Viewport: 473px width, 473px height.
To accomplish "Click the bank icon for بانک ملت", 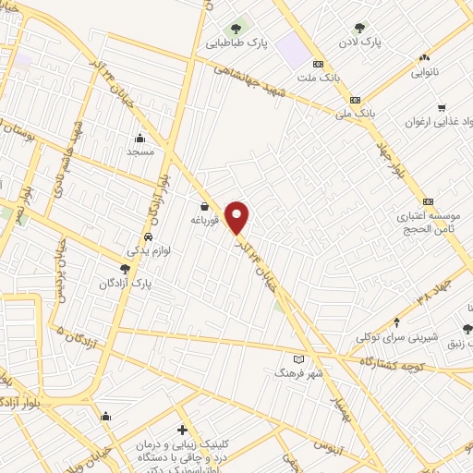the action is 319,65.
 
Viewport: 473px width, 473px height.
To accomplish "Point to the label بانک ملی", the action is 361,112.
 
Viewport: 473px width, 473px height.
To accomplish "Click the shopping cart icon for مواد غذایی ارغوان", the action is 443,107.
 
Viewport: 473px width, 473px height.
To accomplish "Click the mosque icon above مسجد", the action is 139,138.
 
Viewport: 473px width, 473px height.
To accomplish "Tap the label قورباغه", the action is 203,220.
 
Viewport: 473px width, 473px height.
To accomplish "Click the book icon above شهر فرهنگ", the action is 297,358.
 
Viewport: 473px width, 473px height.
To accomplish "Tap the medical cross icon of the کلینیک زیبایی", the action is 183,430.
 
